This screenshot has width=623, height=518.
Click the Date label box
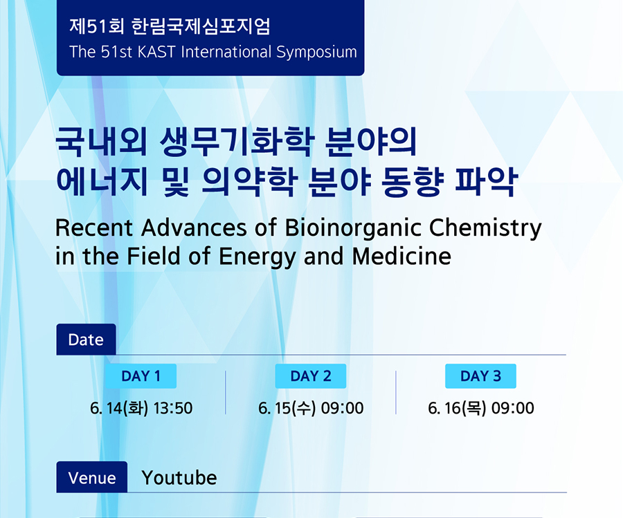[x=87, y=340]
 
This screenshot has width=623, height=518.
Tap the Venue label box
[x=92, y=477]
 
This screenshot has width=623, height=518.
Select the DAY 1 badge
[x=141, y=376]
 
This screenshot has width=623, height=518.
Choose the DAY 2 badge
[x=311, y=376]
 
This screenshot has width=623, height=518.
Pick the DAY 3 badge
[x=481, y=376]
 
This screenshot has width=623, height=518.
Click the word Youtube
[x=179, y=477]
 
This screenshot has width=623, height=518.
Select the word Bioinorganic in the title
[x=353, y=228]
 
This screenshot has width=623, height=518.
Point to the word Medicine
[x=401, y=256]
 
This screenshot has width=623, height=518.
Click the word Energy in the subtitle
[x=258, y=257]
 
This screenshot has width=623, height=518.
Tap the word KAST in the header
[x=156, y=52]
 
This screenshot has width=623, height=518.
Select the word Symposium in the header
[x=316, y=53]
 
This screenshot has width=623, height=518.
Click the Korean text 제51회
[x=96, y=26]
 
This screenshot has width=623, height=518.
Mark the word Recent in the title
[x=94, y=228]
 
